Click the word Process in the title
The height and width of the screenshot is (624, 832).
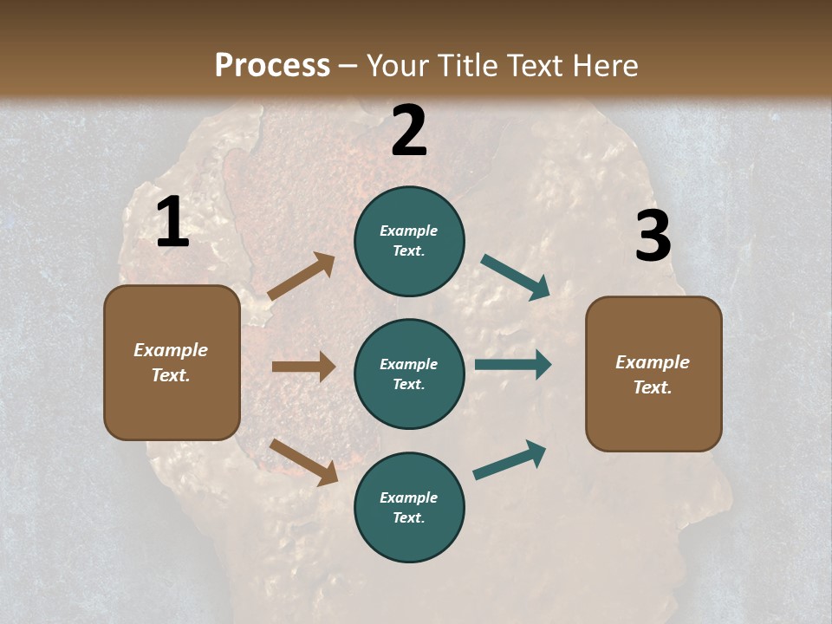[x=272, y=65]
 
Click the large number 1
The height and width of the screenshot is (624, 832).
[x=172, y=223]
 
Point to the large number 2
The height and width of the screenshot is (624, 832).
[x=409, y=131]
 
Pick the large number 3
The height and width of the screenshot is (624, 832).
[x=653, y=236]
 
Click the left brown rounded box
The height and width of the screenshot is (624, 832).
[x=172, y=362]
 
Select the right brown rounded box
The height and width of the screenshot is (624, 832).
[x=653, y=374]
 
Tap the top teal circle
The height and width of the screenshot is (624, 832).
[x=409, y=240]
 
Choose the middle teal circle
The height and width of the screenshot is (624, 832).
[x=409, y=374]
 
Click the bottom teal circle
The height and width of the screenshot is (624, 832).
[x=409, y=507]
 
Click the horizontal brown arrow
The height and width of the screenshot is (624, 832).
[x=303, y=367]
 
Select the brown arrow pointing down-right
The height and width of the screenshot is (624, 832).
[x=304, y=462]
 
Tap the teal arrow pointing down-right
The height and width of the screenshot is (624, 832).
[x=516, y=277]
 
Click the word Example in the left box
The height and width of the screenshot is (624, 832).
[x=171, y=350]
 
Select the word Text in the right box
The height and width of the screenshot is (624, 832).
[x=652, y=387]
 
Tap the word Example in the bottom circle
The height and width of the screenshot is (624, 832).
[x=408, y=497]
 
